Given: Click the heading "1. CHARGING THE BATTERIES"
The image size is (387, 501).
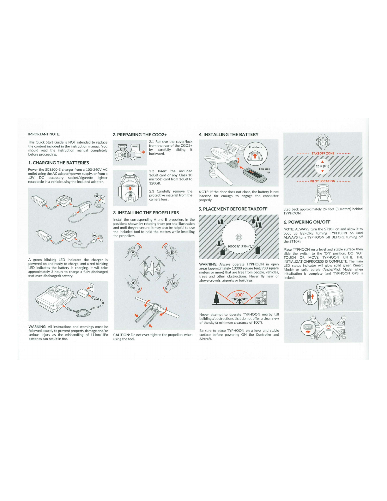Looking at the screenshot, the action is pyautogui.click(x=58, y=163).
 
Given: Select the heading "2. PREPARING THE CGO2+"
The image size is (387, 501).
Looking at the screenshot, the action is pyautogui.click(x=140, y=135).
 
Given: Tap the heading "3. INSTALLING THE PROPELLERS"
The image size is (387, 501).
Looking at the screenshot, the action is pyautogui.click(x=146, y=213).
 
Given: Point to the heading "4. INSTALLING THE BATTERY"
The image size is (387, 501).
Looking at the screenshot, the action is pyautogui.click(x=228, y=135).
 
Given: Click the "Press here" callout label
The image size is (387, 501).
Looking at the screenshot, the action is pyautogui.click(x=255, y=147).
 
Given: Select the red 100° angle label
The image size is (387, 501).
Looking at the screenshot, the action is pyautogui.click(x=239, y=295).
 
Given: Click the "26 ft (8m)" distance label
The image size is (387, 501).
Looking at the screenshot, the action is pyautogui.click(x=323, y=166).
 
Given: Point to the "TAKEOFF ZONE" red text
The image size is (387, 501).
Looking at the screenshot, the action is pyautogui.click(x=323, y=153).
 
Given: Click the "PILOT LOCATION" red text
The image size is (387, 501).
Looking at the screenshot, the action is pyautogui.click(x=323, y=181).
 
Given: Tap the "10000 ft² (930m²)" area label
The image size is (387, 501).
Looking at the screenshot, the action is pyautogui.click(x=239, y=246).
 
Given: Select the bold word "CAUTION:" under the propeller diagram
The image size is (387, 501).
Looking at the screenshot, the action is pyautogui.click(x=121, y=335).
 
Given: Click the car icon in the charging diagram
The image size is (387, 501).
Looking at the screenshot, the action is pyautogui.click(x=94, y=235).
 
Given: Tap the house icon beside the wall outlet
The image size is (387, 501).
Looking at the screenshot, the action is pyautogui.click(x=97, y=196).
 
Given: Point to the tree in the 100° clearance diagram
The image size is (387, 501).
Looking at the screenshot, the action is pyautogui.click(x=216, y=298).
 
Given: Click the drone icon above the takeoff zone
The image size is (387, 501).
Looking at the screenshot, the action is pyautogui.click(x=323, y=142).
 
